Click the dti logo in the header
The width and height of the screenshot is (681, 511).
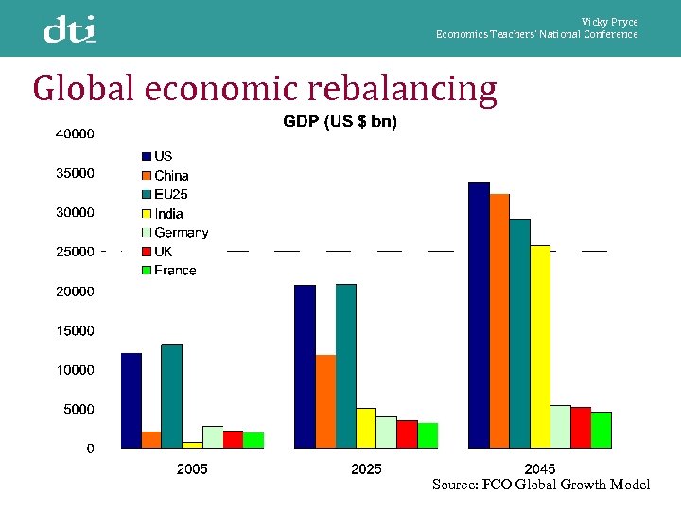click(69, 29)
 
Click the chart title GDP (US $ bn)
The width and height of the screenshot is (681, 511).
click(340, 122)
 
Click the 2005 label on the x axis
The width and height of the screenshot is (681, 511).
click(192, 468)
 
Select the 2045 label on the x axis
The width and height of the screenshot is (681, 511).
click(539, 468)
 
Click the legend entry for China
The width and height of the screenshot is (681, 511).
click(171, 176)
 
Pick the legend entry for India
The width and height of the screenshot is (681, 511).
click(168, 214)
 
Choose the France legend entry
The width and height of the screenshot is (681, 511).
click(175, 271)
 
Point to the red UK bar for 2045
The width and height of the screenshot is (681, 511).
click(581, 427)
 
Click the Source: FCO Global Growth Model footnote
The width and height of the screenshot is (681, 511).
click(541, 485)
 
